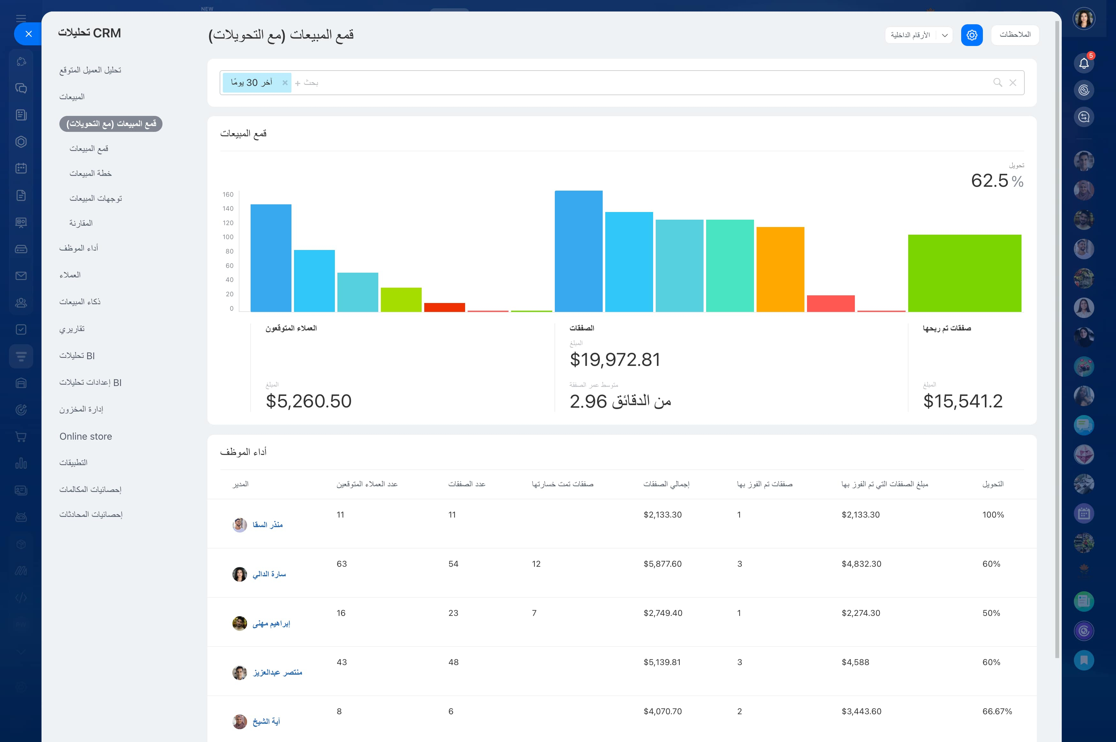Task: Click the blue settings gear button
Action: (972, 35)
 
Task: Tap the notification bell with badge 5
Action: (1084, 63)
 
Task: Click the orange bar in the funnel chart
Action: (780, 269)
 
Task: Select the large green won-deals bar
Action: (965, 273)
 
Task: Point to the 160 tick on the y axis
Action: (228, 194)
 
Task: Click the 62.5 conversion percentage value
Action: (990, 180)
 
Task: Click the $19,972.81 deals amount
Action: (615, 360)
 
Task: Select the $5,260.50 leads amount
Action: (308, 401)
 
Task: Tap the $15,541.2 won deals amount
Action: (963, 401)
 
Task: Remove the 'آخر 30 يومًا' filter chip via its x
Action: (285, 83)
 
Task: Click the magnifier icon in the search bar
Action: (997, 83)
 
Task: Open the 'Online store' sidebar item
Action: (86, 436)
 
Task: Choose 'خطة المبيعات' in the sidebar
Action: (90, 173)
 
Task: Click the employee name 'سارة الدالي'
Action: (269, 574)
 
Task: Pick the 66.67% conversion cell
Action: (997, 711)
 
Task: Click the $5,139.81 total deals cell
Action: (662, 662)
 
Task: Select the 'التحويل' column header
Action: (992, 484)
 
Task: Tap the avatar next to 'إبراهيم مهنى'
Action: (239, 623)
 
